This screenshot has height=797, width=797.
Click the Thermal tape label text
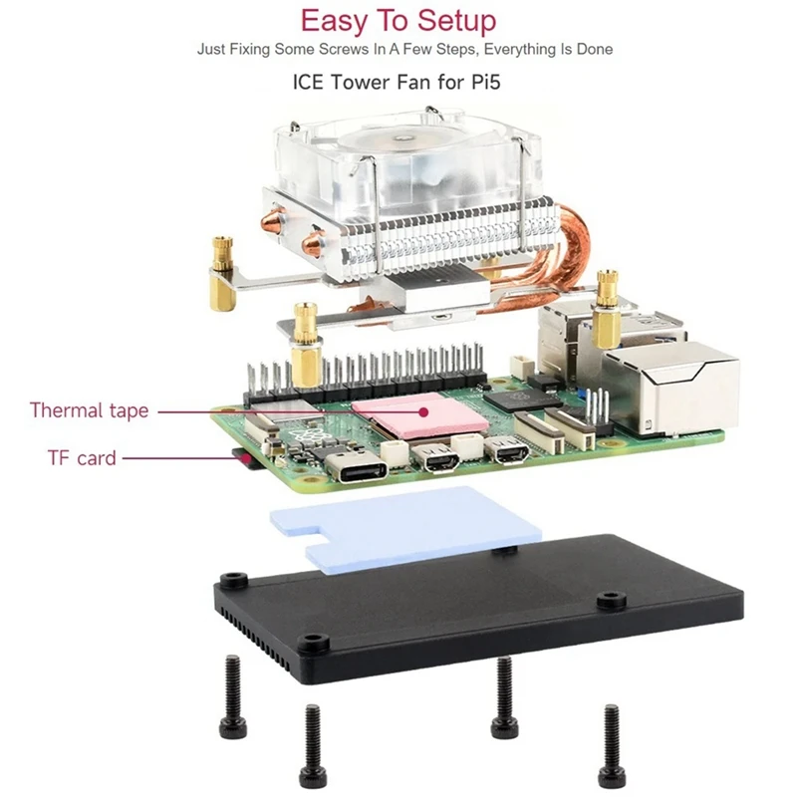pyautogui.click(x=89, y=409)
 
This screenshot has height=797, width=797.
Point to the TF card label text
pyautogui.click(x=81, y=458)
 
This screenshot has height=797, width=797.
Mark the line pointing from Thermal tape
pyautogui.click(x=254, y=409)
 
